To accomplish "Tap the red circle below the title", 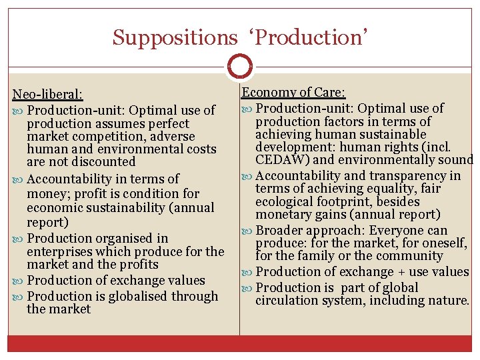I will (239, 67).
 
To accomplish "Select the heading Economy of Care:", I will (288, 93).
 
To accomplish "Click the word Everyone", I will (393, 231).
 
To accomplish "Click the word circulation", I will (289, 301).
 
